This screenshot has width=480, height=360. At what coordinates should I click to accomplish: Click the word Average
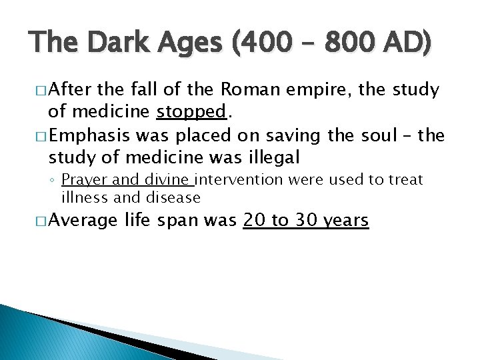[85, 220]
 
